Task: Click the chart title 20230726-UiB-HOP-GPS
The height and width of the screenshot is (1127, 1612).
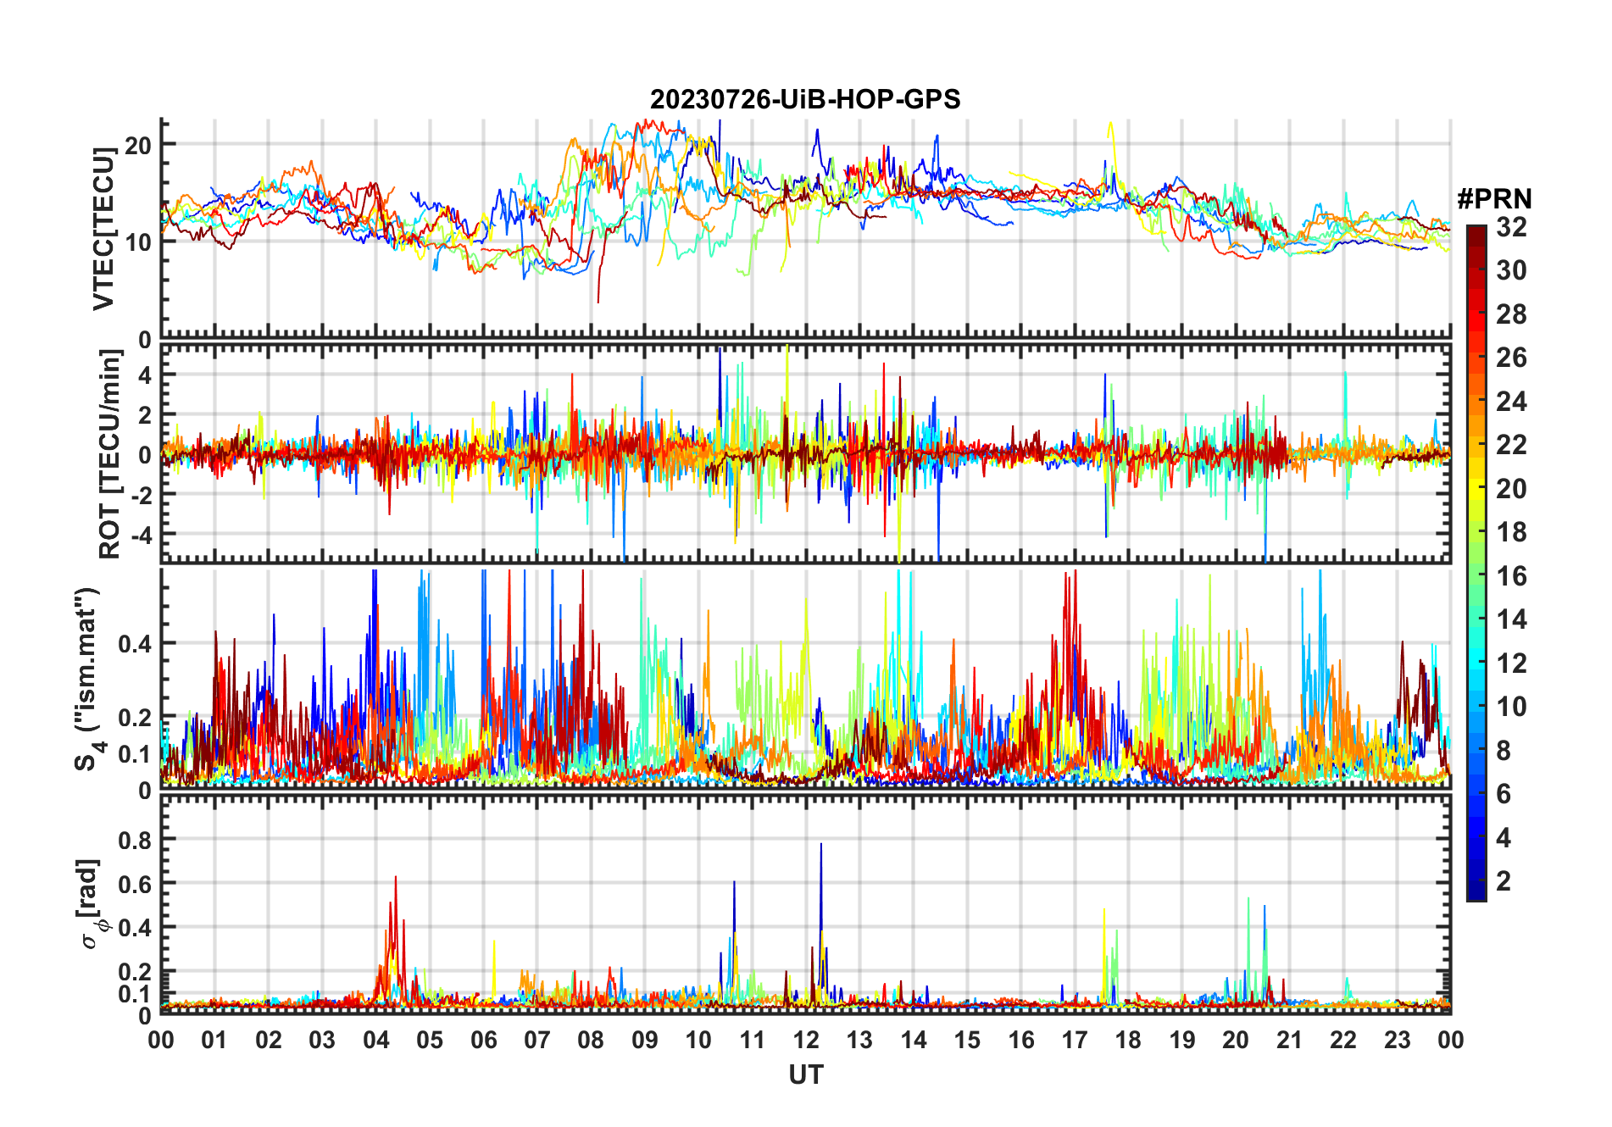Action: [805, 100]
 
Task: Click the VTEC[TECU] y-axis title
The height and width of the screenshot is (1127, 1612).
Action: [103, 229]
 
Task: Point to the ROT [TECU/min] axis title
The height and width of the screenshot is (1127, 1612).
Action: [110, 454]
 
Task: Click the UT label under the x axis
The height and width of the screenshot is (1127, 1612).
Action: [805, 1075]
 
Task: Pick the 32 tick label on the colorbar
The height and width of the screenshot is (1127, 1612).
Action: [1511, 227]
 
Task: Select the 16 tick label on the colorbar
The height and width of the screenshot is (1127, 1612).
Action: [1511, 576]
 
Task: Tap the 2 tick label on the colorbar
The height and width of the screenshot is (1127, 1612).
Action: [1504, 881]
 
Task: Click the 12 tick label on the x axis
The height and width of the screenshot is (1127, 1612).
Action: [806, 1041]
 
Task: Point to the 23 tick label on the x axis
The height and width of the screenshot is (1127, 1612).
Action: [1397, 1041]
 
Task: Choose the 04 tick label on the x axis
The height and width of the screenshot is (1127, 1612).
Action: [376, 1041]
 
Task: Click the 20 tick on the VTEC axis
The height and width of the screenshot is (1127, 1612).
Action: [138, 145]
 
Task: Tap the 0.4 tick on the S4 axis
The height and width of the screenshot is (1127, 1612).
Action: [135, 644]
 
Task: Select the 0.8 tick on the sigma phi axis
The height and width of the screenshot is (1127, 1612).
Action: [135, 840]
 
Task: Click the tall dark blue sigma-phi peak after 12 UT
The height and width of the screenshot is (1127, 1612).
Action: [820, 846]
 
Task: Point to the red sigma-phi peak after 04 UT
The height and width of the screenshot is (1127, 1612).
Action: [395, 879]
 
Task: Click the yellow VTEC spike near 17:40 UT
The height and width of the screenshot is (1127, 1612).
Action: [1110, 125]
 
